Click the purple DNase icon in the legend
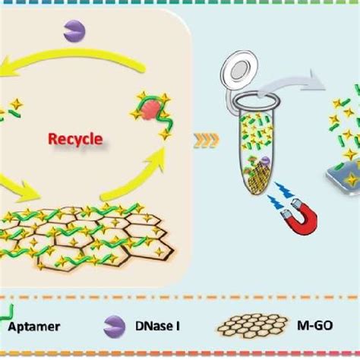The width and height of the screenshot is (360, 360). [112, 327]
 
